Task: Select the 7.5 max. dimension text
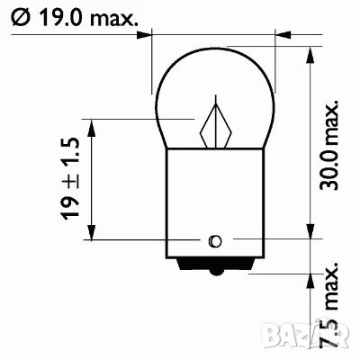click(x=332, y=306)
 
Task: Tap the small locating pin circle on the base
click(x=214, y=240)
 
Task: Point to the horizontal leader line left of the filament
click(x=144, y=118)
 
